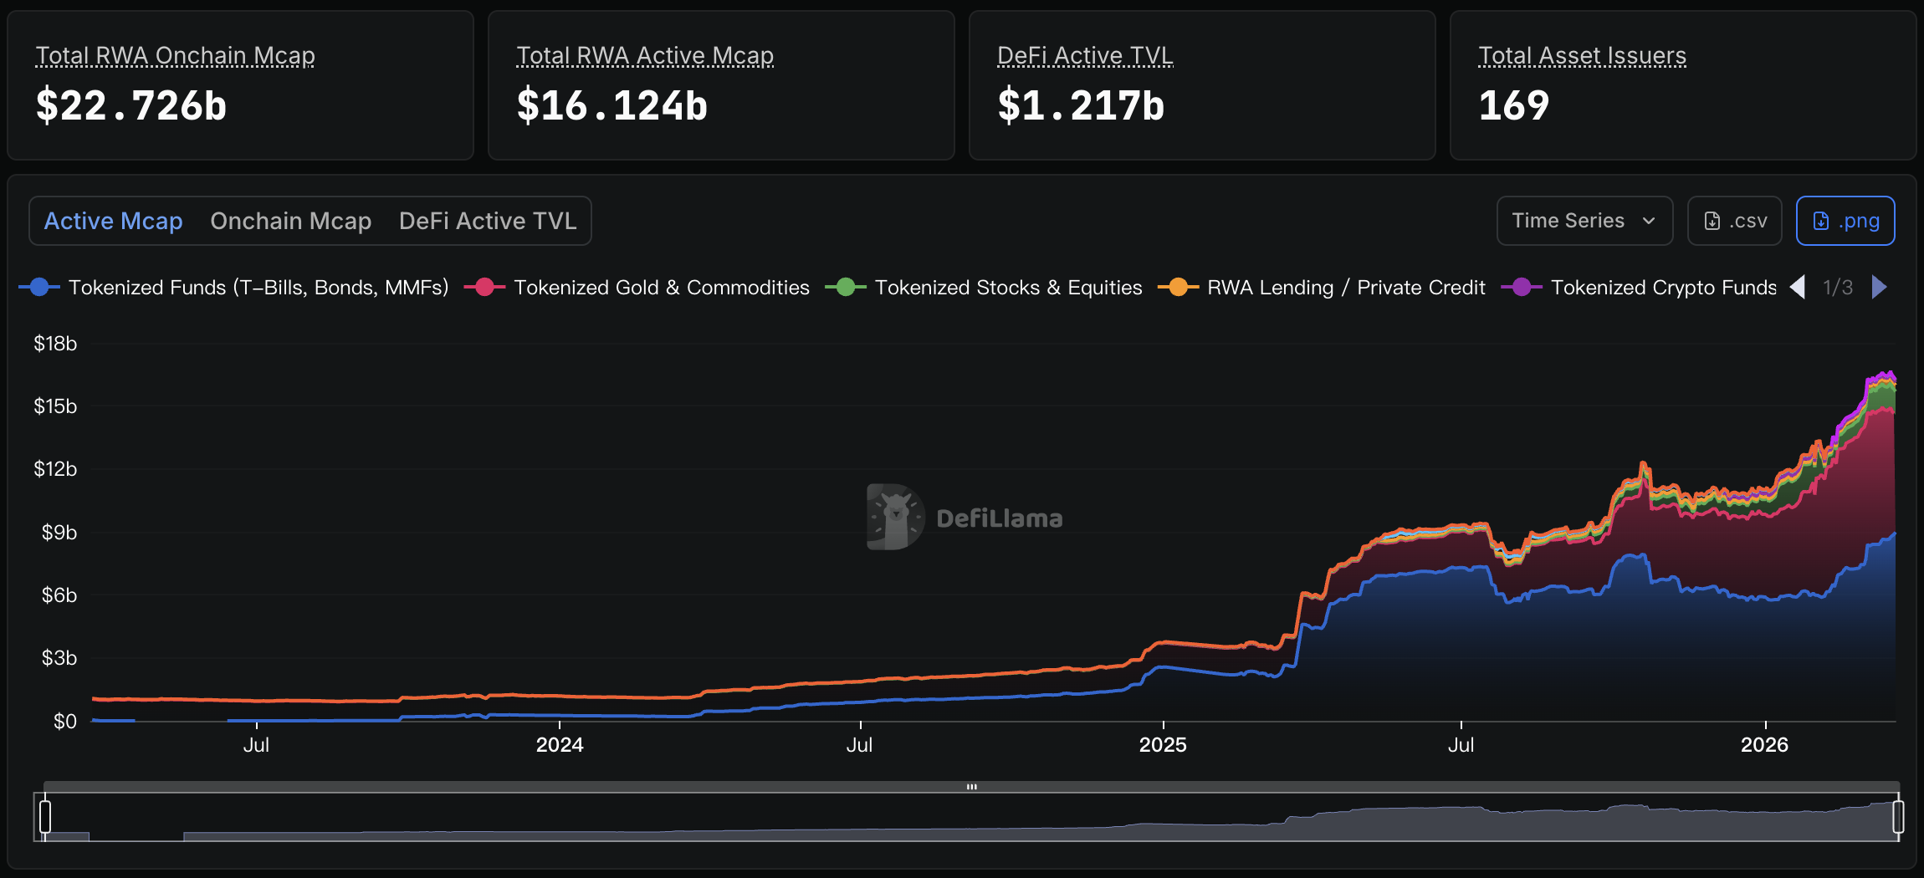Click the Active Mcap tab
pyautogui.click(x=113, y=221)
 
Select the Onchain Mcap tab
pyautogui.click(x=290, y=221)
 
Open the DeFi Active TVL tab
pyautogui.click(x=488, y=221)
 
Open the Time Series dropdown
pyautogui.click(x=1584, y=221)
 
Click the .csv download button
pyautogui.click(x=1735, y=221)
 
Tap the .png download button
pyautogui.click(x=1845, y=221)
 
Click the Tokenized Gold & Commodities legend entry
pyautogui.click(x=661, y=288)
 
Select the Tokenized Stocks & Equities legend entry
pyautogui.click(x=1007, y=288)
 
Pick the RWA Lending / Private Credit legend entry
pyautogui.click(x=1345, y=288)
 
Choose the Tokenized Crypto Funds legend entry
pyautogui.click(x=1662, y=288)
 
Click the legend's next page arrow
pyautogui.click(x=1880, y=288)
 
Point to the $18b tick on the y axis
pyautogui.click(x=55, y=344)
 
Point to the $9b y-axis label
pyautogui.click(x=59, y=533)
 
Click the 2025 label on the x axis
pyautogui.click(x=1163, y=745)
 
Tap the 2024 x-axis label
pyautogui.click(x=560, y=745)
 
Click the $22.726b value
pyautogui.click(x=131, y=106)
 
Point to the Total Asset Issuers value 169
pyautogui.click(x=1514, y=106)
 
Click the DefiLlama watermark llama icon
pyautogui.click(x=895, y=517)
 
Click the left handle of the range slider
pyautogui.click(x=45, y=816)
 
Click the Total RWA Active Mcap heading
pyautogui.click(x=645, y=55)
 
